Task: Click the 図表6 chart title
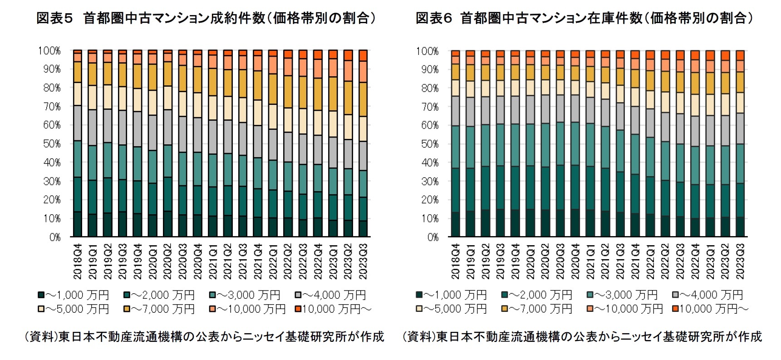coord(584,18)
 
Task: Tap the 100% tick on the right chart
coord(427,51)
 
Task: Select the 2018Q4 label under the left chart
coord(78,261)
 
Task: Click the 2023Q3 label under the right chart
coord(740,261)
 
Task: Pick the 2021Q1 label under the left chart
coord(213,261)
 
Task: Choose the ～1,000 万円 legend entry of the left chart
coord(74,295)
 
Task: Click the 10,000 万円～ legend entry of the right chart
coord(710,309)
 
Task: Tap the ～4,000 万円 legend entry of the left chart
coord(330,295)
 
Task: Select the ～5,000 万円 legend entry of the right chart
coord(451,309)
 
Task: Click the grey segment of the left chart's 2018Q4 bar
coord(78,123)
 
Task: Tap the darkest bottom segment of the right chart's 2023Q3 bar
coord(740,227)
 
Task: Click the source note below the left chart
coord(204,336)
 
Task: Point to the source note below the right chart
coord(582,336)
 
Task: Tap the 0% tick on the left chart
coord(54,237)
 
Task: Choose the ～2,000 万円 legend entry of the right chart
coord(537,295)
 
